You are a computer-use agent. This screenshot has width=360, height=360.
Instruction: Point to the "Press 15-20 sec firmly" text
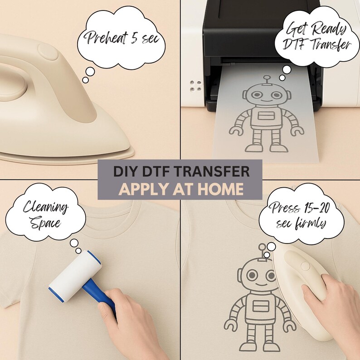[x=301, y=216]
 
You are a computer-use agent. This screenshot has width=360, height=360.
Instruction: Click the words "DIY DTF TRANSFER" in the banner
[x=180, y=171]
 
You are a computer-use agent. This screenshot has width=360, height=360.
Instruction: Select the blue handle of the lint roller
[x=103, y=294]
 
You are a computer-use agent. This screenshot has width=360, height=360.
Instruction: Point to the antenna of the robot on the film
[x=267, y=81]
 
